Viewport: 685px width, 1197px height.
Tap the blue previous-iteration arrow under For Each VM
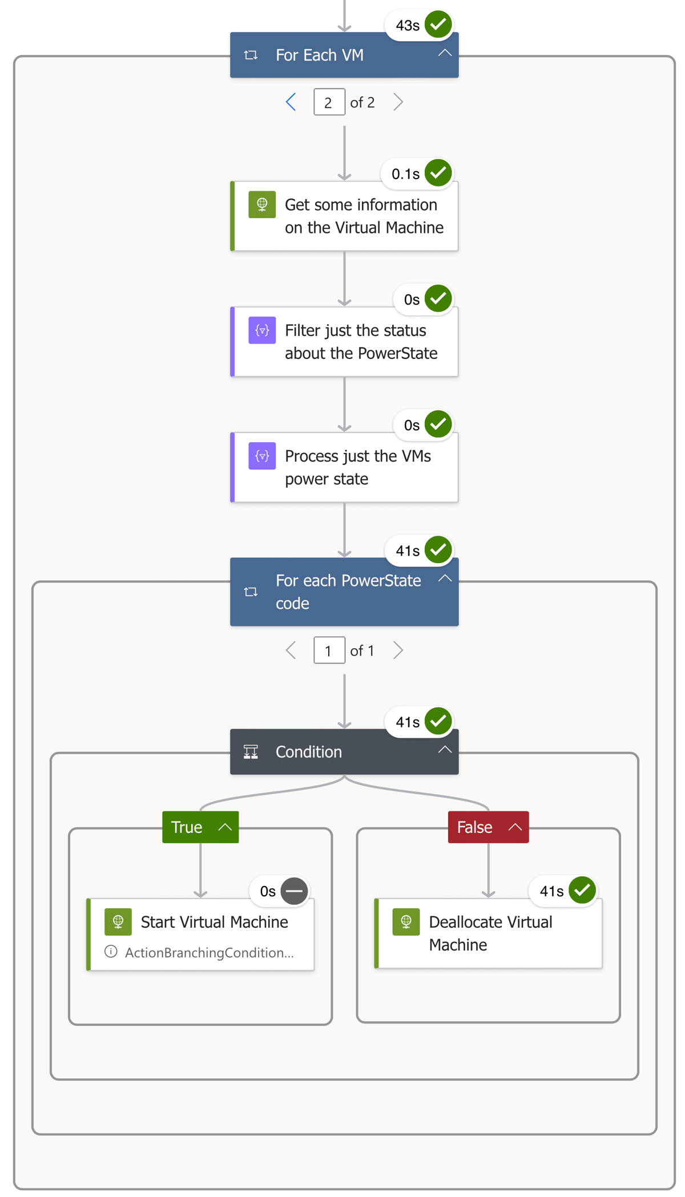click(x=291, y=102)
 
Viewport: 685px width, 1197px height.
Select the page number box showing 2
click(x=329, y=102)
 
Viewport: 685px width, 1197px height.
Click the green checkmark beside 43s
click(x=438, y=25)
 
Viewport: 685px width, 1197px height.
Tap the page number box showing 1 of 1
click(x=329, y=650)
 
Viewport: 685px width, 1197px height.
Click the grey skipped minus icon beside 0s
click(x=295, y=891)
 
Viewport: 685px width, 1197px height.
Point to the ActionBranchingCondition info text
click(x=209, y=953)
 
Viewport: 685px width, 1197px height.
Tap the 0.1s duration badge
click(x=405, y=174)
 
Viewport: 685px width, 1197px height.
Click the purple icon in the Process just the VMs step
click(x=262, y=456)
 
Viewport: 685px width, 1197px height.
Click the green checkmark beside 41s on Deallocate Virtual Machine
click(x=582, y=890)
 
